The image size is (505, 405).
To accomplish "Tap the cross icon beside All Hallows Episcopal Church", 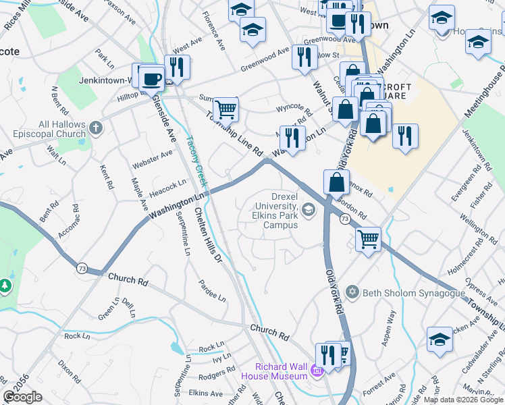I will tap(97, 127).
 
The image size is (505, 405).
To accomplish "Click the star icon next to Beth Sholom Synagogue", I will tap(351, 292).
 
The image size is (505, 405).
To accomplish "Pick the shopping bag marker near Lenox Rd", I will tap(336, 182).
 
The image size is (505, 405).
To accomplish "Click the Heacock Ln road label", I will tap(168, 185).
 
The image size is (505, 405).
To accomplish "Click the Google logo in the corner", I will tap(22, 397).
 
